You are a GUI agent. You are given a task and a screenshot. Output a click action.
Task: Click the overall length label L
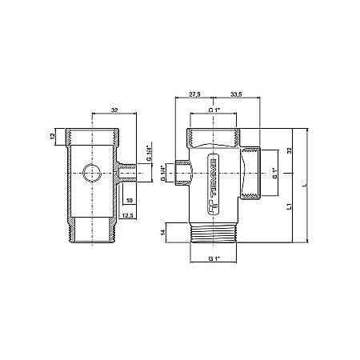(x=304, y=186)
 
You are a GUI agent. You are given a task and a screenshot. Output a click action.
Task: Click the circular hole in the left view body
(x=90, y=171)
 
